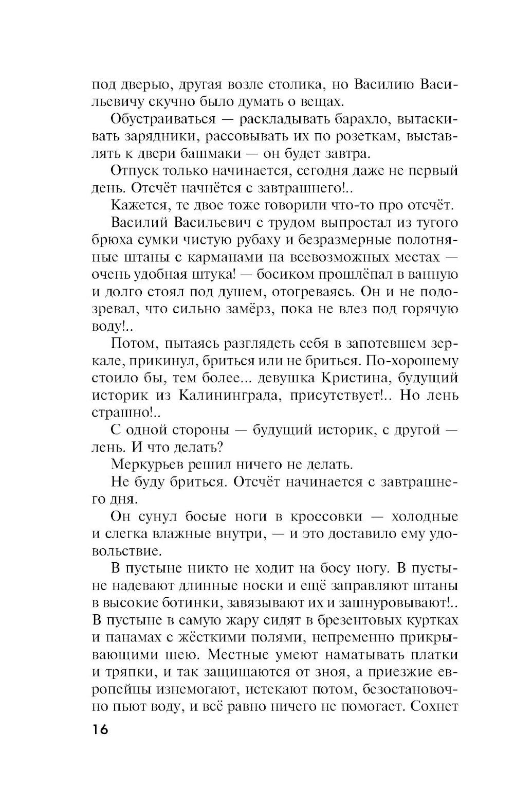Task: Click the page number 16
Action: (101, 730)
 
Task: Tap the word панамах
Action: (134, 637)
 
